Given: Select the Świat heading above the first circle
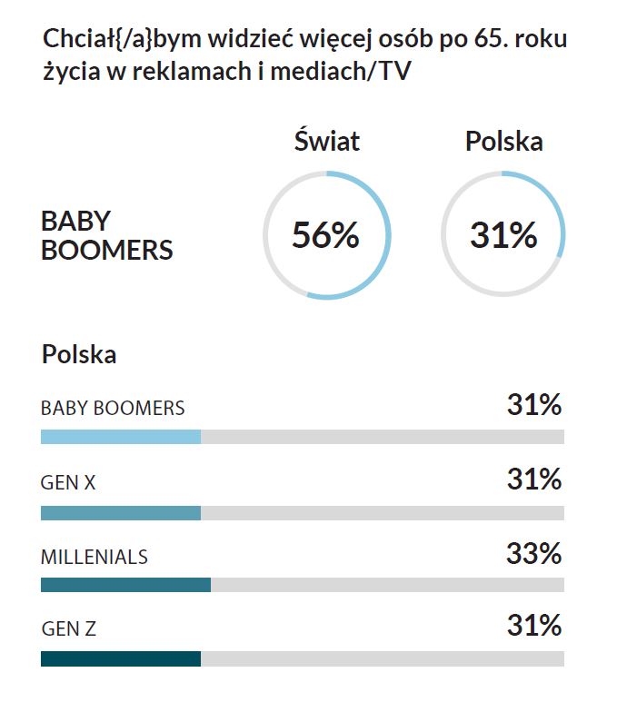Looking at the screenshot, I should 326,142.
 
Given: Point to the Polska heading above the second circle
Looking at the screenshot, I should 503,142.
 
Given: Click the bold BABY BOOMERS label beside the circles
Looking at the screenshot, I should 106,235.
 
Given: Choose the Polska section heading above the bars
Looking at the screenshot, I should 79,354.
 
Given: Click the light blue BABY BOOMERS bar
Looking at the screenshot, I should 121,437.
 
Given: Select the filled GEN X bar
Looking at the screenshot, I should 121,513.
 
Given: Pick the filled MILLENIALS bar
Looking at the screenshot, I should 125,585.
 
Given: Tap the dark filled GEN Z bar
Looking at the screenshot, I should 121,658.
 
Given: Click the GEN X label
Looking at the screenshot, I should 68,483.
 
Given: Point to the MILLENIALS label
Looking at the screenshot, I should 95,557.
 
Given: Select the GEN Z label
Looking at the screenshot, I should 68,628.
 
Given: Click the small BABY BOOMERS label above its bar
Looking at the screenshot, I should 113,408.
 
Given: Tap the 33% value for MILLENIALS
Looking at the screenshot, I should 534,553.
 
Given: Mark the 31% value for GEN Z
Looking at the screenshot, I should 534,626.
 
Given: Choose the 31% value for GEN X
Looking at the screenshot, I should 534,479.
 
